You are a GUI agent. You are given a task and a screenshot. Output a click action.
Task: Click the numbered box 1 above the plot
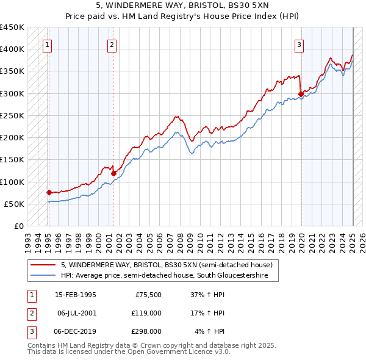[x=48, y=44]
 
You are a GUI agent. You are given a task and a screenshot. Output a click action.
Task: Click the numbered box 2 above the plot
[x=112, y=44]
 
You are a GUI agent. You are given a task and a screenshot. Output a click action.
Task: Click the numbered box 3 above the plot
[x=300, y=44]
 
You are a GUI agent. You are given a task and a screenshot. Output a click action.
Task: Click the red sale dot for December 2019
[x=301, y=94]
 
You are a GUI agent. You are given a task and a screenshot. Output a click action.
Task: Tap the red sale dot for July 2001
[x=113, y=173]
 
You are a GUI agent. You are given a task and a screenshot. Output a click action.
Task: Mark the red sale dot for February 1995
[x=49, y=192]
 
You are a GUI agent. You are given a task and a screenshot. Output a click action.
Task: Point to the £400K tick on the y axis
[x=13, y=49]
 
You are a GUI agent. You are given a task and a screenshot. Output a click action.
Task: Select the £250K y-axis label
[x=13, y=115]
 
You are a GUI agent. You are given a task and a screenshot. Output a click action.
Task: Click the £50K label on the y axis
[x=15, y=204]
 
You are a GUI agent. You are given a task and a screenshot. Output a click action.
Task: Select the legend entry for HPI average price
[x=165, y=275]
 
